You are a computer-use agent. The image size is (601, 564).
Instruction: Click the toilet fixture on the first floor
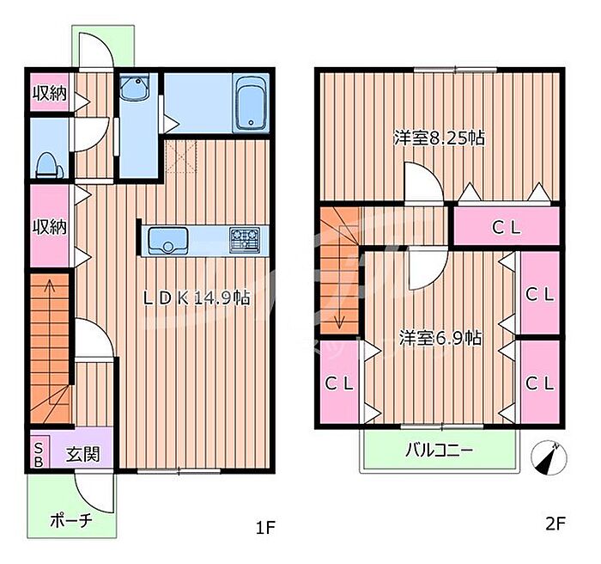[x=50, y=165]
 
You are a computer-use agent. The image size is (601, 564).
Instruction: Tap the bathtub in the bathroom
[x=251, y=104]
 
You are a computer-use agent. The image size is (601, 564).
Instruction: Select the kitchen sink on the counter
[x=168, y=241]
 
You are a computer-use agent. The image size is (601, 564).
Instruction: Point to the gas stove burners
[x=245, y=240]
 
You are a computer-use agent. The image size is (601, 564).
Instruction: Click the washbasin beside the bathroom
[x=134, y=88]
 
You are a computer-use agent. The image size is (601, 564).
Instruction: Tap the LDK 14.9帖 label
[x=197, y=298]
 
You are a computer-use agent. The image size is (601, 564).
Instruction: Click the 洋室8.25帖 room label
[x=440, y=138]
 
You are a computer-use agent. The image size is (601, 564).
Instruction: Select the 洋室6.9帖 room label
[x=440, y=338]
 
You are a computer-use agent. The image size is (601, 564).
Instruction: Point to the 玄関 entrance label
[x=82, y=454]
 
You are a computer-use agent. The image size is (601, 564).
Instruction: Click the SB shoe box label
[x=39, y=456]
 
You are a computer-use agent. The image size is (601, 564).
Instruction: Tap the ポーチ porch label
[x=71, y=520]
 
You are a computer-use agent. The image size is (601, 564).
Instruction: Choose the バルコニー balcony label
[x=439, y=450]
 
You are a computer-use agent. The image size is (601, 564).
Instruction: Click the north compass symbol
[x=549, y=457]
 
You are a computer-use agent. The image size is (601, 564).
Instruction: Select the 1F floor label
[x=265, y=528]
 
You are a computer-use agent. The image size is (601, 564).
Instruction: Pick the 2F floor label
[x=555, y=523]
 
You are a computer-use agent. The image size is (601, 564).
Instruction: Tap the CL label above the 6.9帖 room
[x=507, y=228]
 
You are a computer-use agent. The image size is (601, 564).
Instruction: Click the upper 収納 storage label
[x=50, y=94]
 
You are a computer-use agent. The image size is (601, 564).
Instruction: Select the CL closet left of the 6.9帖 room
[x=340, y=383]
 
